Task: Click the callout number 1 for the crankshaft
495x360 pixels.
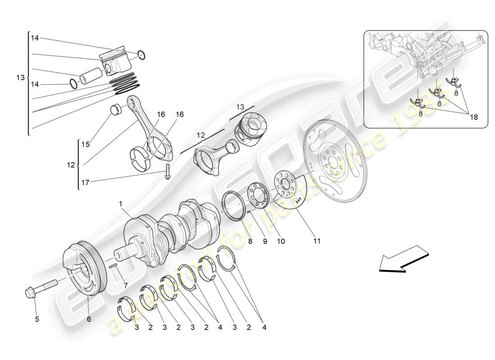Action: pyautogui.click(x=121, y=203)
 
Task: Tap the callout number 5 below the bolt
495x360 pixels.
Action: pyautogui.click(x=37, y=319)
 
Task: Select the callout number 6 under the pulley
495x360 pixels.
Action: pyautogui.click(x=89, y=319)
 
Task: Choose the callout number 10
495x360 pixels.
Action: pyautogui.click(x=281, y=241)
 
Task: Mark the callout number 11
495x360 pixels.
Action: pyautogui.click(x=317, y=241)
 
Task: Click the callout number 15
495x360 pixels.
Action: pyautogui.click(x=85, y=144)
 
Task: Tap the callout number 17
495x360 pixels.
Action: pyautogui.click(x=85, y=182)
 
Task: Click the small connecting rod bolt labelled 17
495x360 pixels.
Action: pyautogui.click(x=167, y=171)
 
